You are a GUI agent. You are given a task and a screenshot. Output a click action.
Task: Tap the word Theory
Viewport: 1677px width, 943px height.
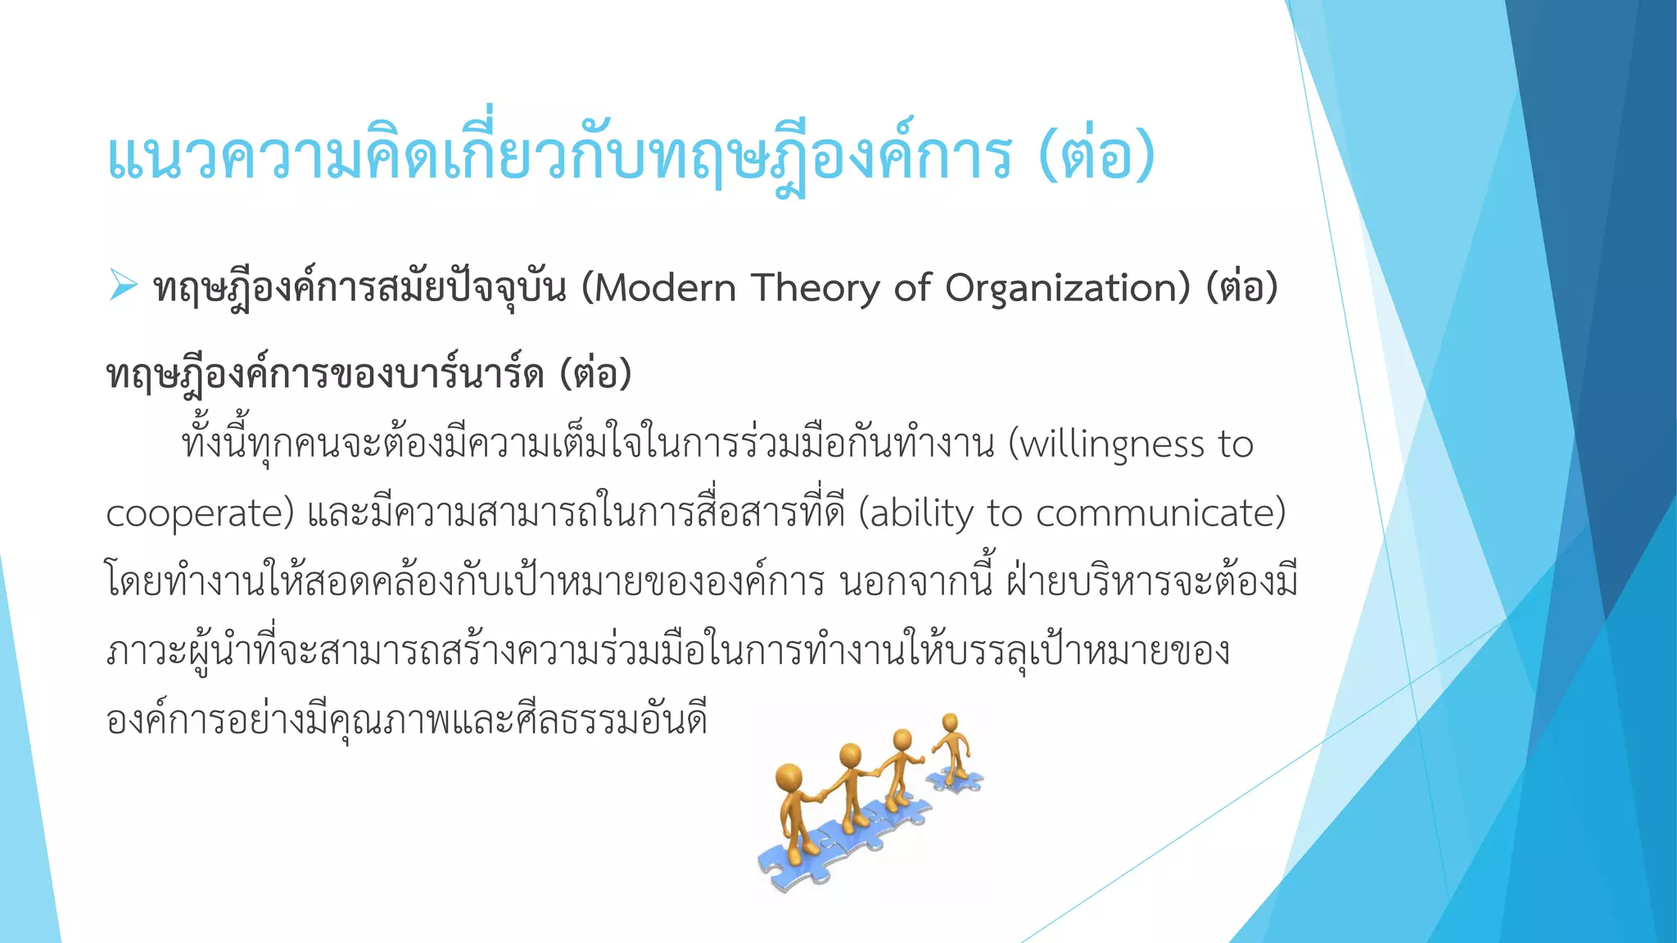tap(816, 289)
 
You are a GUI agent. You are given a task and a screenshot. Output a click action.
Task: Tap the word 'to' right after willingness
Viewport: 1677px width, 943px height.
tap(1236, 445)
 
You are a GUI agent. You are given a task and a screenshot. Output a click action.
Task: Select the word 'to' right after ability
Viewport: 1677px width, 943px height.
tap(1005, 514)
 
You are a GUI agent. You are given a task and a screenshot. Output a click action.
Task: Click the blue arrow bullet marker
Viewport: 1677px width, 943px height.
tap(123, 286)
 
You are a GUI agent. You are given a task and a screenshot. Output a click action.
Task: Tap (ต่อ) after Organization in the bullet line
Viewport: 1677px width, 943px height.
tap(1242, 287)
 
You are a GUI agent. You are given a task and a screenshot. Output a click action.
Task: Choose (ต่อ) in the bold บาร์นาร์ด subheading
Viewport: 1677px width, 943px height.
tap(596, 374)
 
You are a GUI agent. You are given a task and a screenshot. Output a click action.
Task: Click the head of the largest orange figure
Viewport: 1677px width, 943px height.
tap(789, 776)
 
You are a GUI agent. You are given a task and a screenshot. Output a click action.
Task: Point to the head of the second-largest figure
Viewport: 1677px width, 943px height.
tap(851, 754)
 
